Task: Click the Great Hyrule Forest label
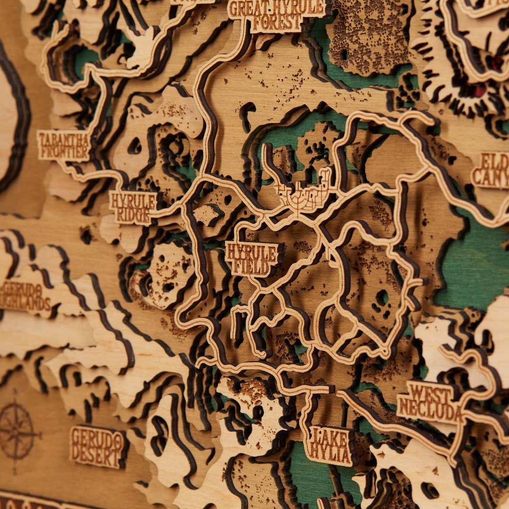(x=278, y=15)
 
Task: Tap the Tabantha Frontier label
(x=64, y=145)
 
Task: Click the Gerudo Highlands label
(x=26, y=296)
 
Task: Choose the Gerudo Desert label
(x=98, y=447)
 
